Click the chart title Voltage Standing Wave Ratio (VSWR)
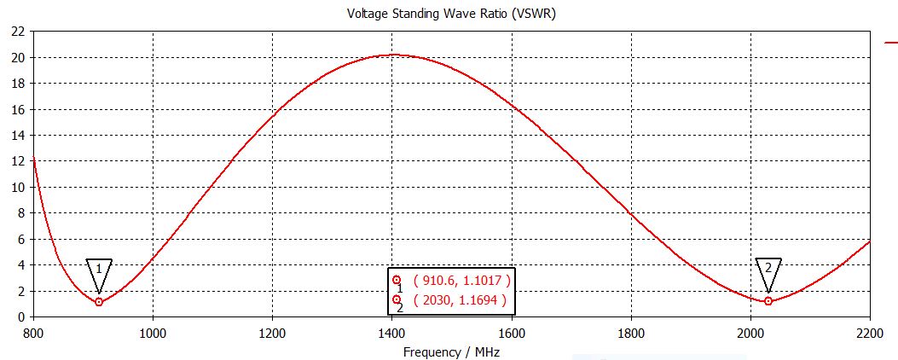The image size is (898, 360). tap(452, 14)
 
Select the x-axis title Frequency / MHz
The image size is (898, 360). tap(452, 351)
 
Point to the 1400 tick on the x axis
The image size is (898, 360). tap(391, 333)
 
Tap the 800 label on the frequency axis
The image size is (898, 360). tap(32, 333)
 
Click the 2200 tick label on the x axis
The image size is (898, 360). tap(870, 333)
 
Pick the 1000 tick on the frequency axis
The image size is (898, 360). tap(153, 333)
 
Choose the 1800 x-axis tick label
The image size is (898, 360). tap(631, 333)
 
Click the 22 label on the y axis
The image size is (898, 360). tap(17, 32)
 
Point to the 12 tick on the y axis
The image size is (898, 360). tap(17, 161)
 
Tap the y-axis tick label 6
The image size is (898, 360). tap(20, 240)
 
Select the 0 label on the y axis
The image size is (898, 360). tap(20, 317)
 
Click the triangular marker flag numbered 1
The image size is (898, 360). tap(99, 270)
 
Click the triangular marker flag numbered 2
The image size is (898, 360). tap(768, 269)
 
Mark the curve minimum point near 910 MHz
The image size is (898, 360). tap(99, 302)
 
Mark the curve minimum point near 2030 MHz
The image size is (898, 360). tap(768, 301)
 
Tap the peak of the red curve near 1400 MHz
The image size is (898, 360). tap(391, 55)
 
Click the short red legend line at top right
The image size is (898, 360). tap(890, 41)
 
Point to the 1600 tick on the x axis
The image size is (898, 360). tap(512, 333)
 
